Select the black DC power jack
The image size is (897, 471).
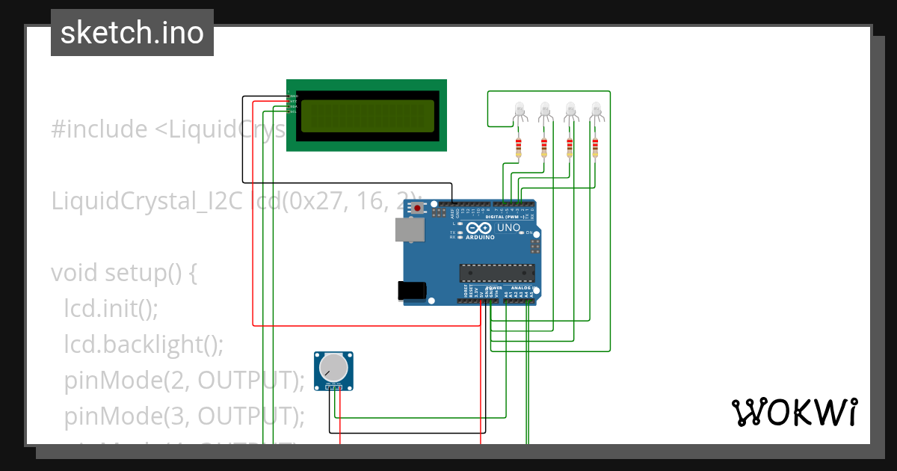click(x=413, y=290)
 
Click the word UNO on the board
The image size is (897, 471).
click(x=508, y=227)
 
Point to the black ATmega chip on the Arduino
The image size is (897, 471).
click(x=497, y=274)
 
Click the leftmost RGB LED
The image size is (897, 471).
click(x=520, y=111)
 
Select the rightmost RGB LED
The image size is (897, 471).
click(x=596, y=111)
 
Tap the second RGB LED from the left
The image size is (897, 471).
click(x=544, y=111)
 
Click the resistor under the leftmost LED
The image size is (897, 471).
click(x=519, y=147)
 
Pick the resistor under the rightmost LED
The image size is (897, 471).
click(x=595, y=147)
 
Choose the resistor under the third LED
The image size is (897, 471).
click(x=570, y=147)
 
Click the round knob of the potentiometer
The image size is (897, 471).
click(x=333, y=367)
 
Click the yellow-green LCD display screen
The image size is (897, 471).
click(x=366, y=116)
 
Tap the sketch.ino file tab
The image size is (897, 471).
click(x=132, y=33)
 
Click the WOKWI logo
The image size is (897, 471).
click(x=794, y=413)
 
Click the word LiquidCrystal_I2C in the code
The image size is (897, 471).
click(x=149, y=201)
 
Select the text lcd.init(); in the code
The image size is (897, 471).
click(x=111, y=308)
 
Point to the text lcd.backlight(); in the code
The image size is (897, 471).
click(x=144, y=344)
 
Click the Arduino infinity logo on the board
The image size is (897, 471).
click(x=481, y=227)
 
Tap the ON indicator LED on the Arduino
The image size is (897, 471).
click(x=522, y=233)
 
